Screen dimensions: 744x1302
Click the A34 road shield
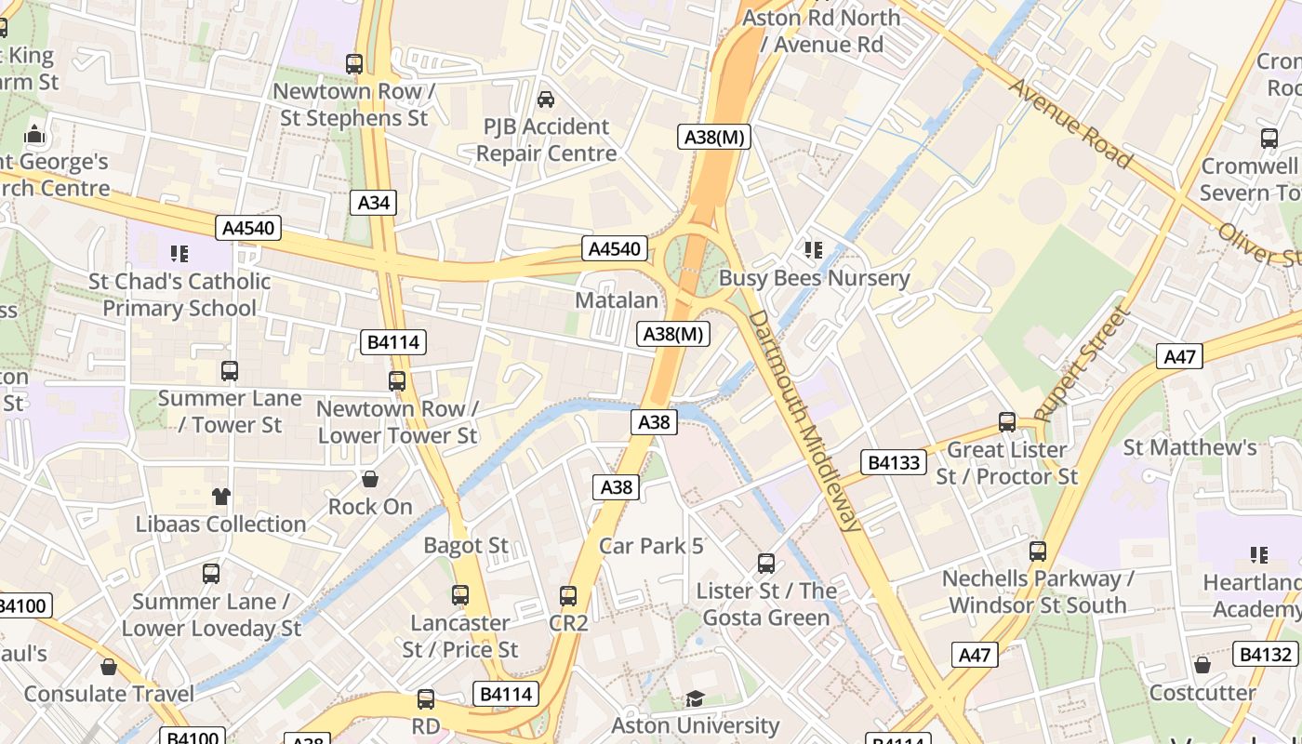point(373,203)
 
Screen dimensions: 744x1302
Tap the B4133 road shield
point(894,462)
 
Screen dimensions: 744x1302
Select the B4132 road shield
point(1266,654)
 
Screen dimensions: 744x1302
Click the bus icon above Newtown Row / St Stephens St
point(353,64)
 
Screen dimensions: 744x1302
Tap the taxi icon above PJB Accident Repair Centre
point(546,99)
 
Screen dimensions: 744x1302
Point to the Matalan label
point(616,300)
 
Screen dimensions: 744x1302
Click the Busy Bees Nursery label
point(814,278)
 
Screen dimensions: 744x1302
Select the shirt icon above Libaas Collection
point(220,497)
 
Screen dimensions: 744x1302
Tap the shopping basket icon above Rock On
point(370,480)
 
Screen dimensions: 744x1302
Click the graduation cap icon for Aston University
point(695,698)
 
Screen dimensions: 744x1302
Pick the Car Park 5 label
point(651,546)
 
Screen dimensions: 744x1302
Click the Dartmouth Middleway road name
point(805,420)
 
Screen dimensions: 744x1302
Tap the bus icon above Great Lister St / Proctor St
point(1006,422)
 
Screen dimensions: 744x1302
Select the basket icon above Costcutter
point(1202,666)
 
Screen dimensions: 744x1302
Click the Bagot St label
point(466,545)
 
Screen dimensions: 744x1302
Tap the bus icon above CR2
point(568,596)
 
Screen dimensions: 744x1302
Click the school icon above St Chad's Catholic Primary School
point(179,253)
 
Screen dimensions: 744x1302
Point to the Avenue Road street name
point(1070,124)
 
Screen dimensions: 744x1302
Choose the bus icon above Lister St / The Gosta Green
point(765,564)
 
